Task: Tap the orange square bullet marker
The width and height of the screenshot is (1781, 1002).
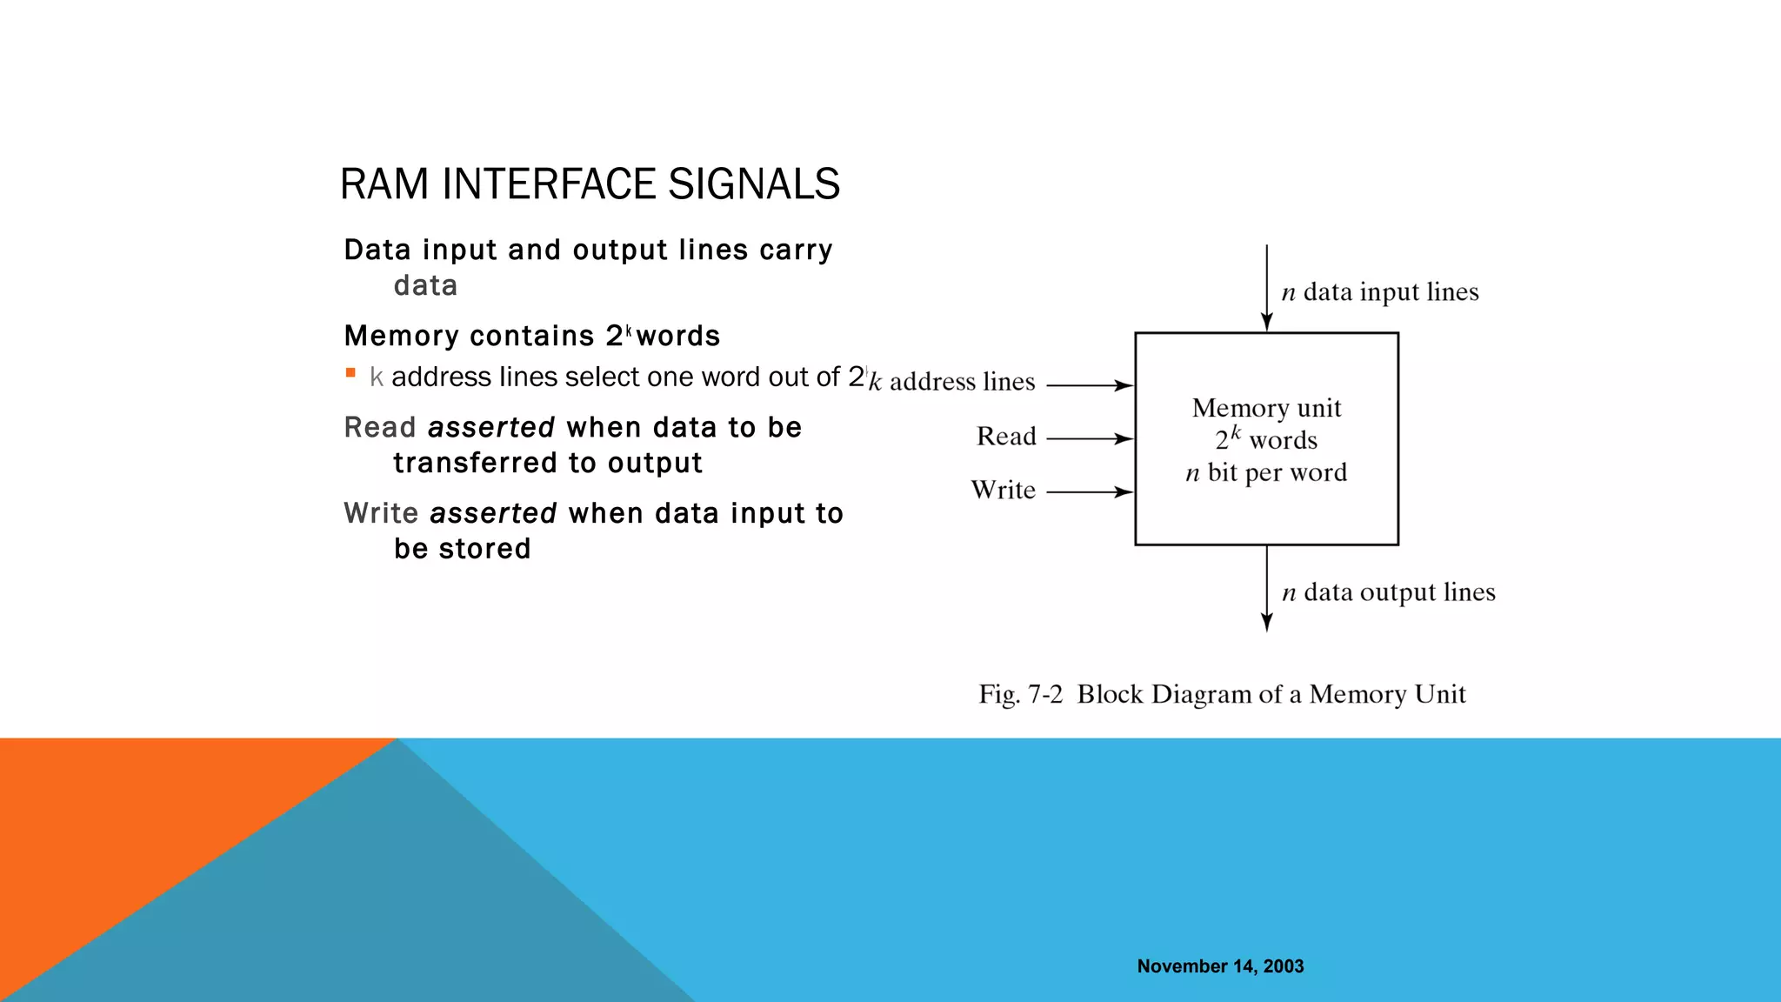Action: (350, 373)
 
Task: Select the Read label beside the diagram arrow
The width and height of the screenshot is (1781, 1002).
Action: (1006, 436)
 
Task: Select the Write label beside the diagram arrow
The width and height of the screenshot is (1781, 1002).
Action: (1003, 490)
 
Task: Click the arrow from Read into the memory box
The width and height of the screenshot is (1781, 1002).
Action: (1090, 439)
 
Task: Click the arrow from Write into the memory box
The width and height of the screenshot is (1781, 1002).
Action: (1090, 492)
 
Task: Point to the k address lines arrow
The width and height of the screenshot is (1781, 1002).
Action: (1090, 385)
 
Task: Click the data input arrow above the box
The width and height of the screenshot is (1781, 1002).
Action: (1266, 287)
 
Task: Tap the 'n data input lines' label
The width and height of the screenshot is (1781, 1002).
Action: (1380, 292)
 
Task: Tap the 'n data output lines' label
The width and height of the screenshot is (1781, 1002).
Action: (1389, 592)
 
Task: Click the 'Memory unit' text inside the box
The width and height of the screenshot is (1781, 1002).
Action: (1266, 408)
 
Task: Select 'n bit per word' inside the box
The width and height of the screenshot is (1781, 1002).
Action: (1266, 472)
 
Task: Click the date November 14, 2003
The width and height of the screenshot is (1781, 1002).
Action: (1220, 966)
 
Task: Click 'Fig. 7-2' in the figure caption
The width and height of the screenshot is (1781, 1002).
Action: (1020, 694)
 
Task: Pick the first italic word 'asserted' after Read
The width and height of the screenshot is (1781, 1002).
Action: (491, 427)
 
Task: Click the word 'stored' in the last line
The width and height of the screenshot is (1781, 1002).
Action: (484, 549)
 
